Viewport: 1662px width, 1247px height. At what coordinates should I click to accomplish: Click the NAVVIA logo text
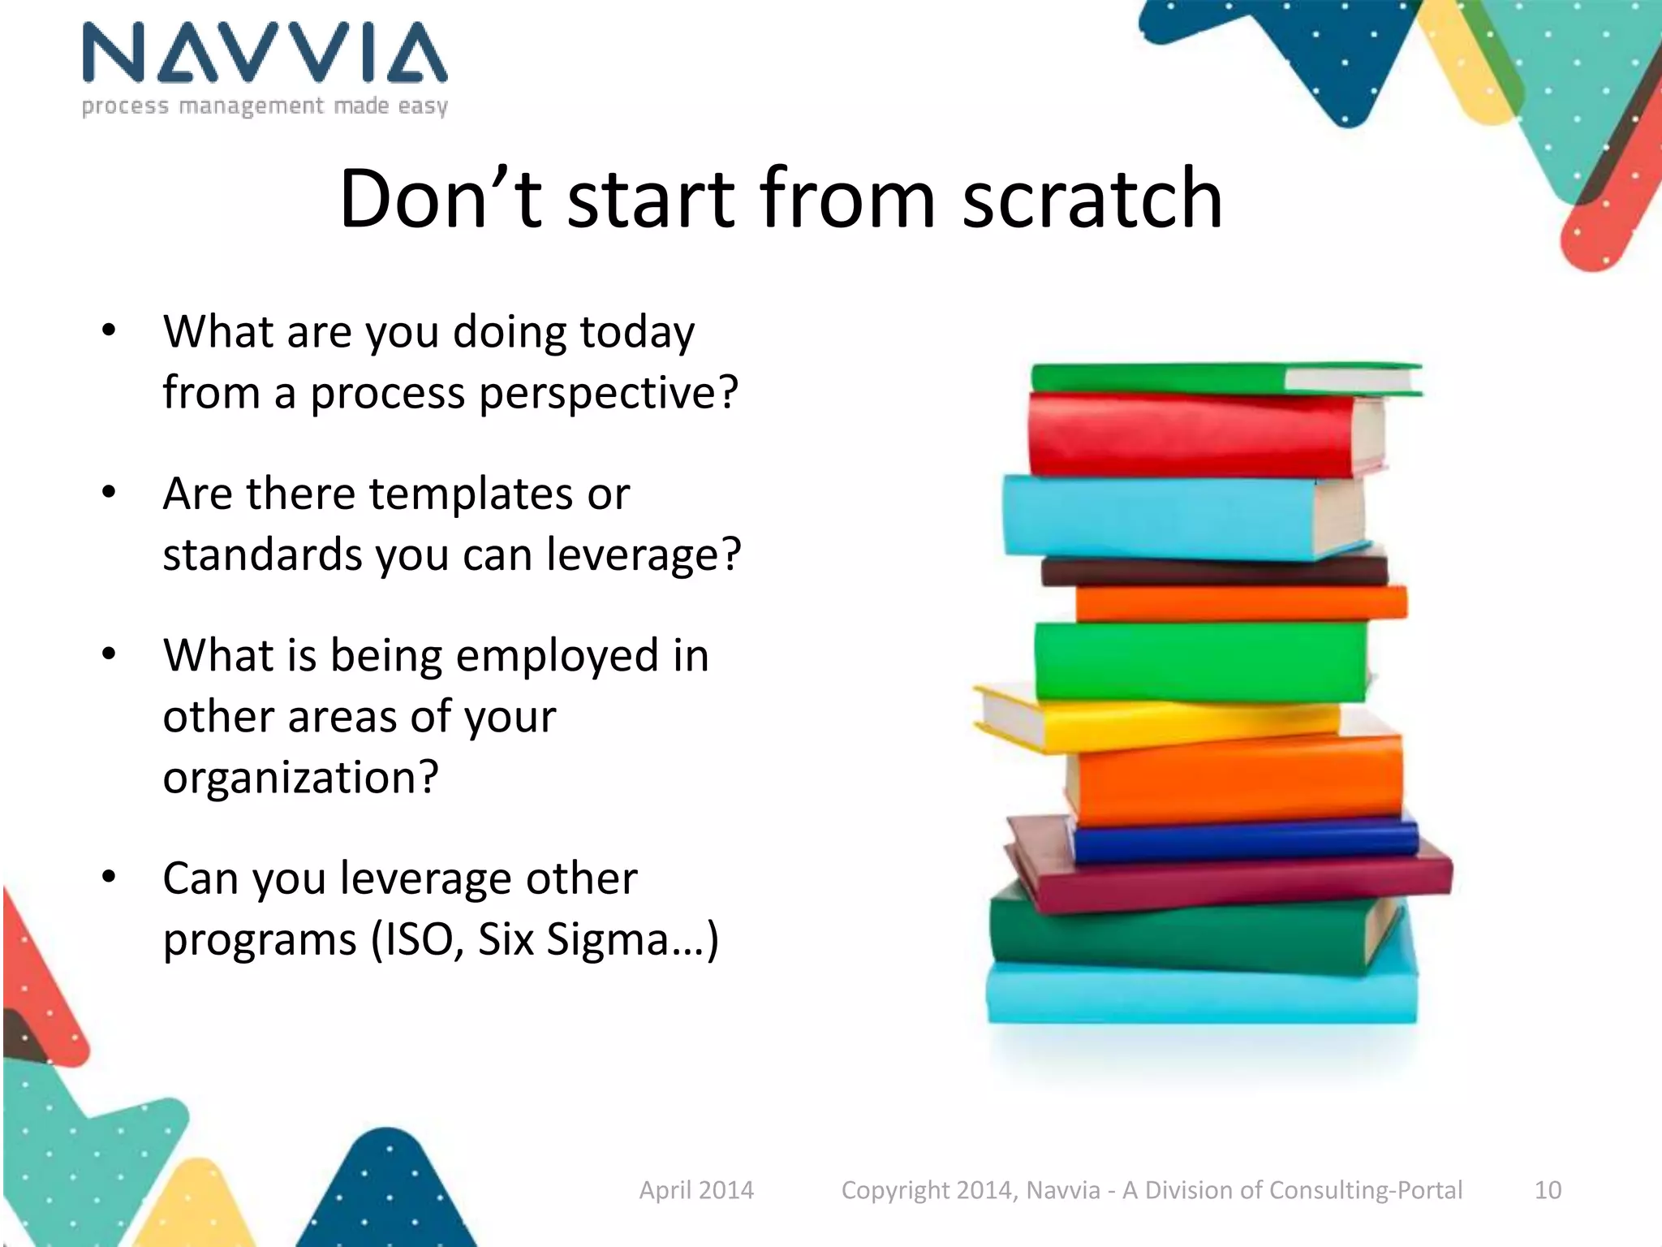pos(265,54)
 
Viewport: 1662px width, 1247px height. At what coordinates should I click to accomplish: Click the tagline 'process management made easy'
pos(265,106)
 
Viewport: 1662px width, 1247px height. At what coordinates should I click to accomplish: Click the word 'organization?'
pos(300,778)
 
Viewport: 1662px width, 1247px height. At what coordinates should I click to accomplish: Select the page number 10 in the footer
pos(1547,1190)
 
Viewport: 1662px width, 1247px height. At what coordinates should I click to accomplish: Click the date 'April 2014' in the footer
pos(696,1190)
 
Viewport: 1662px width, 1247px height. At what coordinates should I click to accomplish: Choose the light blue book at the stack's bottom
pos(1201,995)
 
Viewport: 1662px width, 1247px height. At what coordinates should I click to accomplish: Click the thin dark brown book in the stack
pos(1213,572)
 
